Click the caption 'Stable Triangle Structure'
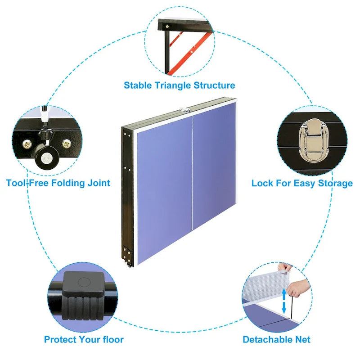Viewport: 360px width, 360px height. [179, 85]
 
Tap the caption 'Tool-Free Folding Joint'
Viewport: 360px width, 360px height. [58, 183]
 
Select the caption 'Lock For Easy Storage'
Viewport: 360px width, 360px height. [302, 183]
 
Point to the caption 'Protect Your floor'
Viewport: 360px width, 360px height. [84, 339]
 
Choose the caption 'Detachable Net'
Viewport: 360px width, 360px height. [276, 339]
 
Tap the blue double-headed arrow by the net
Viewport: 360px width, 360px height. [284, 301]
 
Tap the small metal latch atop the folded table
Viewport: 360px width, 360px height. [184, 108]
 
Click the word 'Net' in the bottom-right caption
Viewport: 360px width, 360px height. [301, 339]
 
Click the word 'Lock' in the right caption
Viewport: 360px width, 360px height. [262, 183]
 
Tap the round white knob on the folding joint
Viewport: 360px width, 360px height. [46, 158]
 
